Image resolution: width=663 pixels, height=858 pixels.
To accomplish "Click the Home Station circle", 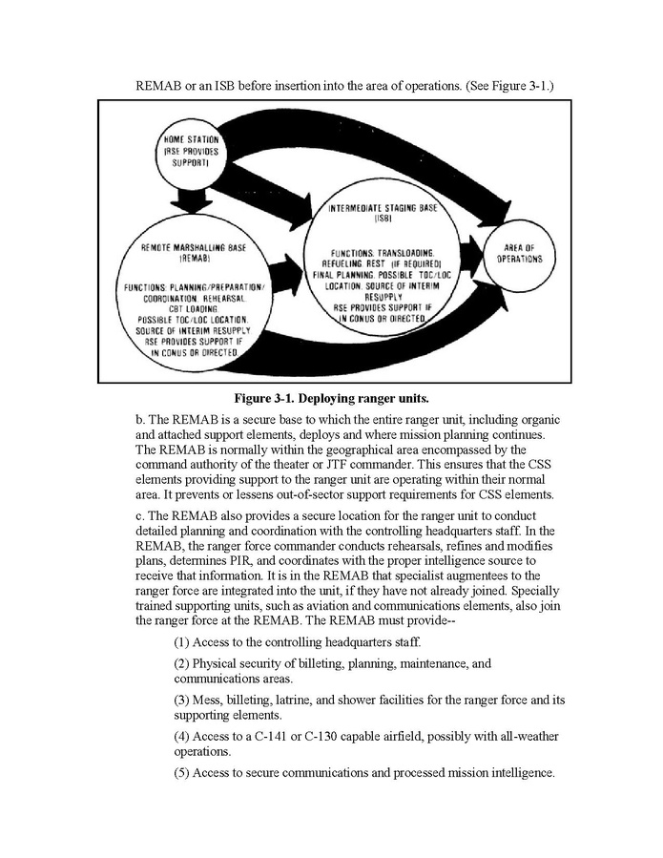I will [193, 153].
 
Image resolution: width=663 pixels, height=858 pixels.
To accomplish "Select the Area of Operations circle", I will [522, 252].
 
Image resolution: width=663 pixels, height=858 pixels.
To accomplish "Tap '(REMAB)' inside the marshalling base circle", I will [194, 259].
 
